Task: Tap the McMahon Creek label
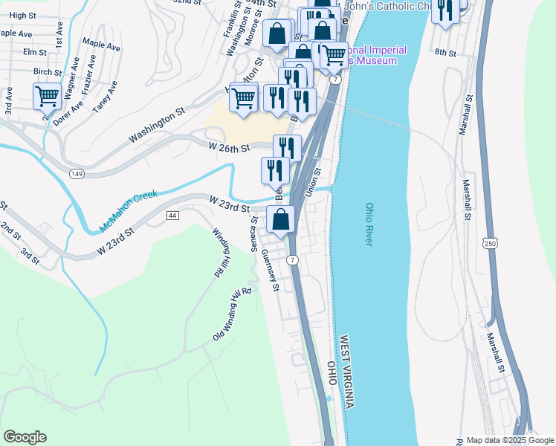coord(129,212)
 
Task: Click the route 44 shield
coord(172,216)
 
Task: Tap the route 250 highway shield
coord(488,244)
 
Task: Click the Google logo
coord(25,437)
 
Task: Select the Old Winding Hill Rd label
coord(233,314)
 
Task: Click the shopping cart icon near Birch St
coord(47,97)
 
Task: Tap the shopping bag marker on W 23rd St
coord(281,221)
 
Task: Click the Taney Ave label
coord(105,97)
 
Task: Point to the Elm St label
coord(35,53)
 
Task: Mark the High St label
coord(22,16)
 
